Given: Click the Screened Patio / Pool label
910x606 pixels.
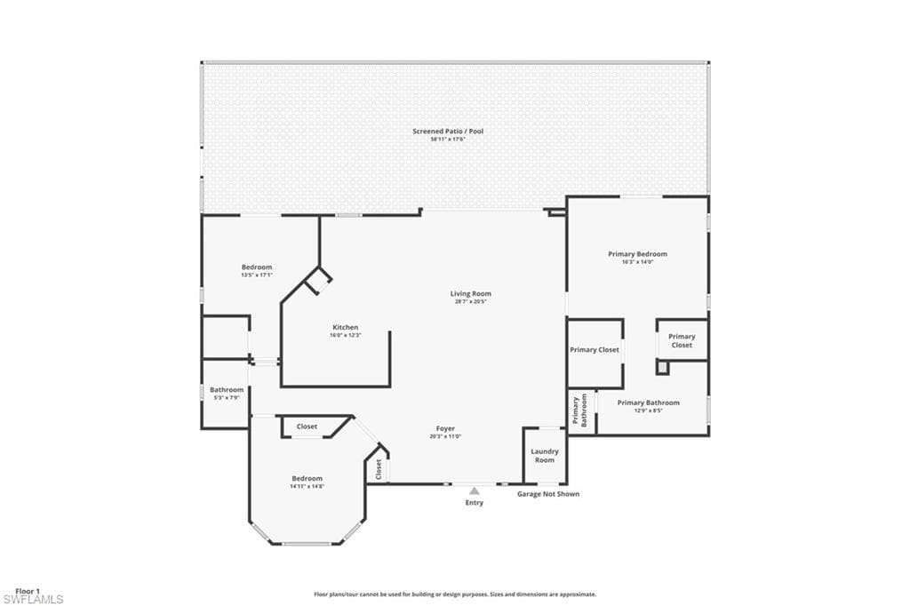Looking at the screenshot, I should pos(448,132).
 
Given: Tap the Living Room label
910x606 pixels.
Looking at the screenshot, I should pos(470,293).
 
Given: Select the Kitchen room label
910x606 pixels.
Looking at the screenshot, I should pos(345,327).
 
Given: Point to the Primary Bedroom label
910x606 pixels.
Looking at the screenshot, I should pos(637,254).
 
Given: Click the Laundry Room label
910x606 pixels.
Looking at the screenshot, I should pos(545,455).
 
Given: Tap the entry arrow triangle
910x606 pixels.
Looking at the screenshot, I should pos(475,490).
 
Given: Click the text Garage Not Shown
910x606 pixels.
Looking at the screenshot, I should pos(548,494).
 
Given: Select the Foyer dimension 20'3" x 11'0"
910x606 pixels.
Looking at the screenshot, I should pos(445,436).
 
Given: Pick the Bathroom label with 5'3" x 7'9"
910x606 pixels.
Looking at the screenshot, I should pos(227,389).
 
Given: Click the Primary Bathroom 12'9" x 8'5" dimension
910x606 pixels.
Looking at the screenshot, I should pos(648,411).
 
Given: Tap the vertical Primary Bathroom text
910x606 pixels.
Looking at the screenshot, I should pos(579,411).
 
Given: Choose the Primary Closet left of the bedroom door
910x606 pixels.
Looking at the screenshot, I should pos(595,350).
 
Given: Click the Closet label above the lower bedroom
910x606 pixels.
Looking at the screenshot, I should pos(307,427).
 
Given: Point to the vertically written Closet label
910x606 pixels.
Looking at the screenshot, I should pos(378,469).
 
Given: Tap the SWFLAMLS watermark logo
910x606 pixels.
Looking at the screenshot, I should pos(34,600).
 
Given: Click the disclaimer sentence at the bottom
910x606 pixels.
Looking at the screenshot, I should pos(455,594).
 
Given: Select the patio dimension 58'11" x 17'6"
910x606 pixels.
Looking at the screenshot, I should pos(448,140).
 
